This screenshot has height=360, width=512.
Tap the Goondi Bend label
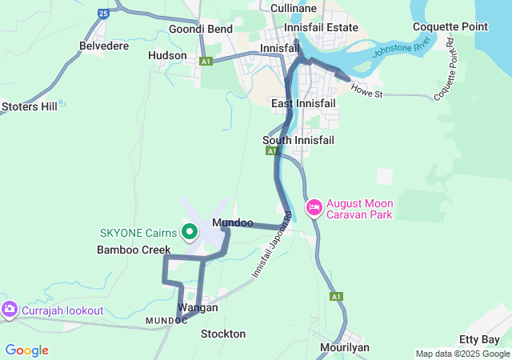201,29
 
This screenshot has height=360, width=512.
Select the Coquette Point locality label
450,26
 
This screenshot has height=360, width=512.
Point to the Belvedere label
104,46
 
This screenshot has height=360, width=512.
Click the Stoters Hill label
30,106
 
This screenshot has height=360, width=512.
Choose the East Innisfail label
304,104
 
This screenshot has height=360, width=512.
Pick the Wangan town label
198,307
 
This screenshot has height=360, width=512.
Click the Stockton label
223,333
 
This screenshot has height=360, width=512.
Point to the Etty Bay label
479,340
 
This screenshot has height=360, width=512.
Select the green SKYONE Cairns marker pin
190,233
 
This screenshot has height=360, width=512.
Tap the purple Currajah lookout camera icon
10,310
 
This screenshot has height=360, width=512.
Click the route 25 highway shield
102,13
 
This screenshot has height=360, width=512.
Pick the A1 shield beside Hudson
206,61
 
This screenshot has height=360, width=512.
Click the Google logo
26,350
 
